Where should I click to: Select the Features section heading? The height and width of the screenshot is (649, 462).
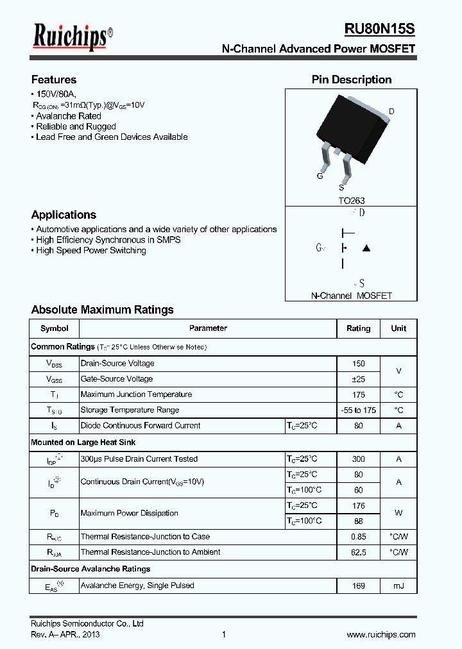pyautogui.click(x=54, y=80)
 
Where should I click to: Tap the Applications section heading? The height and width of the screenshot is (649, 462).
pyautogui.click(x=64, y=215)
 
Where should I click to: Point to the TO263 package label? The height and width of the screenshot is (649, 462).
pyautogui.click(x=352, y=201)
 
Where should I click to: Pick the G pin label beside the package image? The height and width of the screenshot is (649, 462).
pyautogui.click(x=320, y=176)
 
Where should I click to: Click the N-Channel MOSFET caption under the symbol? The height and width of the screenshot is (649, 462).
pyautogui.click(x=351, y=296)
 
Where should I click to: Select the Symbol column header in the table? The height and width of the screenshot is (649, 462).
pyautogui.click(x=54, y=328)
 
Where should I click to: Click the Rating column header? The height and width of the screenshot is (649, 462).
pyautogui.click(x=358, y=328)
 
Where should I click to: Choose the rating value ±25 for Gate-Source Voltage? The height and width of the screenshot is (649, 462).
pyautogui.click(x=358, y=379)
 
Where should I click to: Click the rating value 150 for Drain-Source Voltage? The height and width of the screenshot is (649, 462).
pyautogui.click(x=358, y=364)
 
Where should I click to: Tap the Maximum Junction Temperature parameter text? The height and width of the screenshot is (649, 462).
pyautogui.click(x=136, y=394)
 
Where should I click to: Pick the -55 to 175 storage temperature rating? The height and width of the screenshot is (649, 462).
pyautogui.click(x=358, y=410)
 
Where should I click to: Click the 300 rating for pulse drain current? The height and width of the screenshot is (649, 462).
pyautogui.click(x=358, y=459)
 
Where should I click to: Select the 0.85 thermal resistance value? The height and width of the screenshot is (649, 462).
pyautogui.click(x=358, y=537)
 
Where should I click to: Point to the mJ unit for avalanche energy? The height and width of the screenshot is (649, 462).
pyautogui.click(x=398, y=586)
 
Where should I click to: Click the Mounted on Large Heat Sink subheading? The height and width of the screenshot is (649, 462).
pyautogui.click(x=83, y=442)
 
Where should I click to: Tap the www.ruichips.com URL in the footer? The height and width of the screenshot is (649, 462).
pyautogui.click(x=381, y=634)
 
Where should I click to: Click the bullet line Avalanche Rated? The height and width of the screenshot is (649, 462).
pyautogui.click(x=68, y=116)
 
